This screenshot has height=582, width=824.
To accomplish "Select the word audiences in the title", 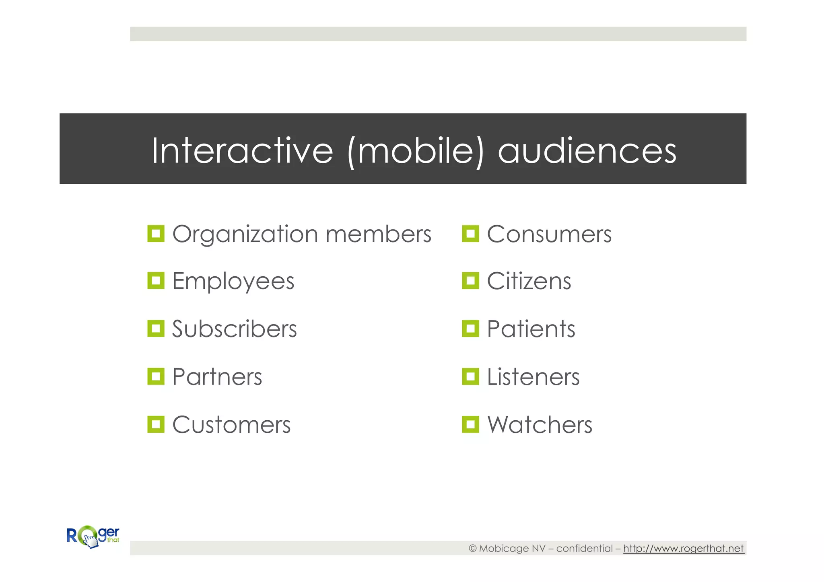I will [x=587, y=151].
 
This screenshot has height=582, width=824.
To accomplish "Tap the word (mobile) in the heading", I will [x=415, y=151].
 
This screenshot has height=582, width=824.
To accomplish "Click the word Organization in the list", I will [x=245, y=234].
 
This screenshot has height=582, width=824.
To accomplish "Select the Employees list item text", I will [x=233, y=281].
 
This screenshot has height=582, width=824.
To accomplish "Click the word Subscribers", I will [x=234, y=329].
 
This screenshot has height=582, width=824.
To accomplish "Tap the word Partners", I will [x=217, y=377].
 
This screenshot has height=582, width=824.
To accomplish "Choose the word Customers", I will [x=231, y=425].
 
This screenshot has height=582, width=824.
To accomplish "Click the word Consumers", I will [x=549, y=234].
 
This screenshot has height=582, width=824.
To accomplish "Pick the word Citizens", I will [x=529, y=281].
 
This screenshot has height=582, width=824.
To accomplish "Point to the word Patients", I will [x=531, y=329].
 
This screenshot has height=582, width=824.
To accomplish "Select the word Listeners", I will [x=533, y=377].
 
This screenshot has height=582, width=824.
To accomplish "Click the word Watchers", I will [x=540, y=425].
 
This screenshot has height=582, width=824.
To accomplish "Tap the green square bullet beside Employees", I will [x=156, y=281].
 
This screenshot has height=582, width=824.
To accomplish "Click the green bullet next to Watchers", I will [x=470, y=424].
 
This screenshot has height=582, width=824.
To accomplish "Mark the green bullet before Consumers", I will [x=470, y=234].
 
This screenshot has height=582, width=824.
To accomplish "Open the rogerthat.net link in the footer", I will [x=683, y=548].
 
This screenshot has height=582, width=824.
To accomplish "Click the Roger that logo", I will [x=93, y=537].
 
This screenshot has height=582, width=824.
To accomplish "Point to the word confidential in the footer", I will [x=584, y=548].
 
